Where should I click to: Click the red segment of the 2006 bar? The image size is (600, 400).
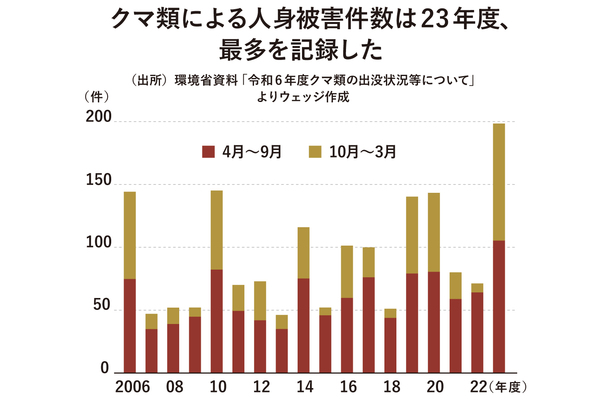point(130,325)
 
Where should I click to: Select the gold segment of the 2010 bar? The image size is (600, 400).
point(217,230)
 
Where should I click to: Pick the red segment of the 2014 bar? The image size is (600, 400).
point(304,325)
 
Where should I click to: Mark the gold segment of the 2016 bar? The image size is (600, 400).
point(347,271)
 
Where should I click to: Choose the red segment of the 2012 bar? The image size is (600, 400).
point(260,346)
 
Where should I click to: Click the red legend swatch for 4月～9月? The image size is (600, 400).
point(209,152)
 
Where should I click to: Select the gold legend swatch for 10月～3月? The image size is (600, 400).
point(314,152)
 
